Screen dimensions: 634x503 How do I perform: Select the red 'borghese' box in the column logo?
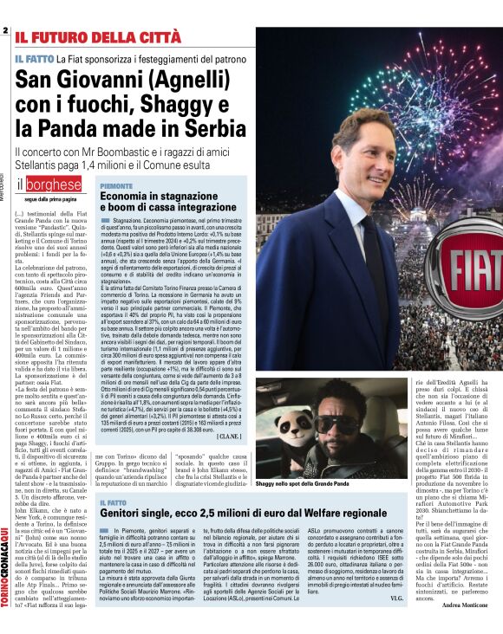(x=53, y=185)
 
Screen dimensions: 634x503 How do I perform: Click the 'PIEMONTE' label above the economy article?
(x=116, y=185)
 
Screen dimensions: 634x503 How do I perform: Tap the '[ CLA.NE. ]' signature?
(x=230, y=437)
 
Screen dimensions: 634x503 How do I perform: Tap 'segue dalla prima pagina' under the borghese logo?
(x=49, y=199)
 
